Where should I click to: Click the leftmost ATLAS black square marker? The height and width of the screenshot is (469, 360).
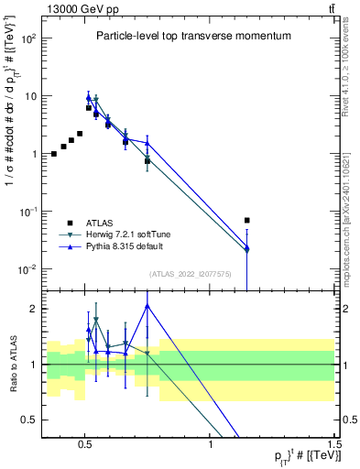click(x=54, y=154)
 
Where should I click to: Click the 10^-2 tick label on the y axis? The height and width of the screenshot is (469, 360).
click(x=27, y=269)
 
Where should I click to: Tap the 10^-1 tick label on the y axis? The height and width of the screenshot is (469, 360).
click(x=27, y=212)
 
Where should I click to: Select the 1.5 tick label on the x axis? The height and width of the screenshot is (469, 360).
click(x=334, y=441)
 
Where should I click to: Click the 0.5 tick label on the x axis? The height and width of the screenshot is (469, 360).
click(x=85, y=441)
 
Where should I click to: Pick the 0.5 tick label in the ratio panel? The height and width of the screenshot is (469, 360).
click(x=29, y=420)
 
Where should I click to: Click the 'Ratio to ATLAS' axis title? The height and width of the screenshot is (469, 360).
click(x=10, y=364)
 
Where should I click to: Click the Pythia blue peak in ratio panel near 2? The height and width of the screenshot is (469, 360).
click(x=147, y=306)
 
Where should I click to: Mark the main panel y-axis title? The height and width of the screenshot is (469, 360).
click(x=10, y=151)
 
